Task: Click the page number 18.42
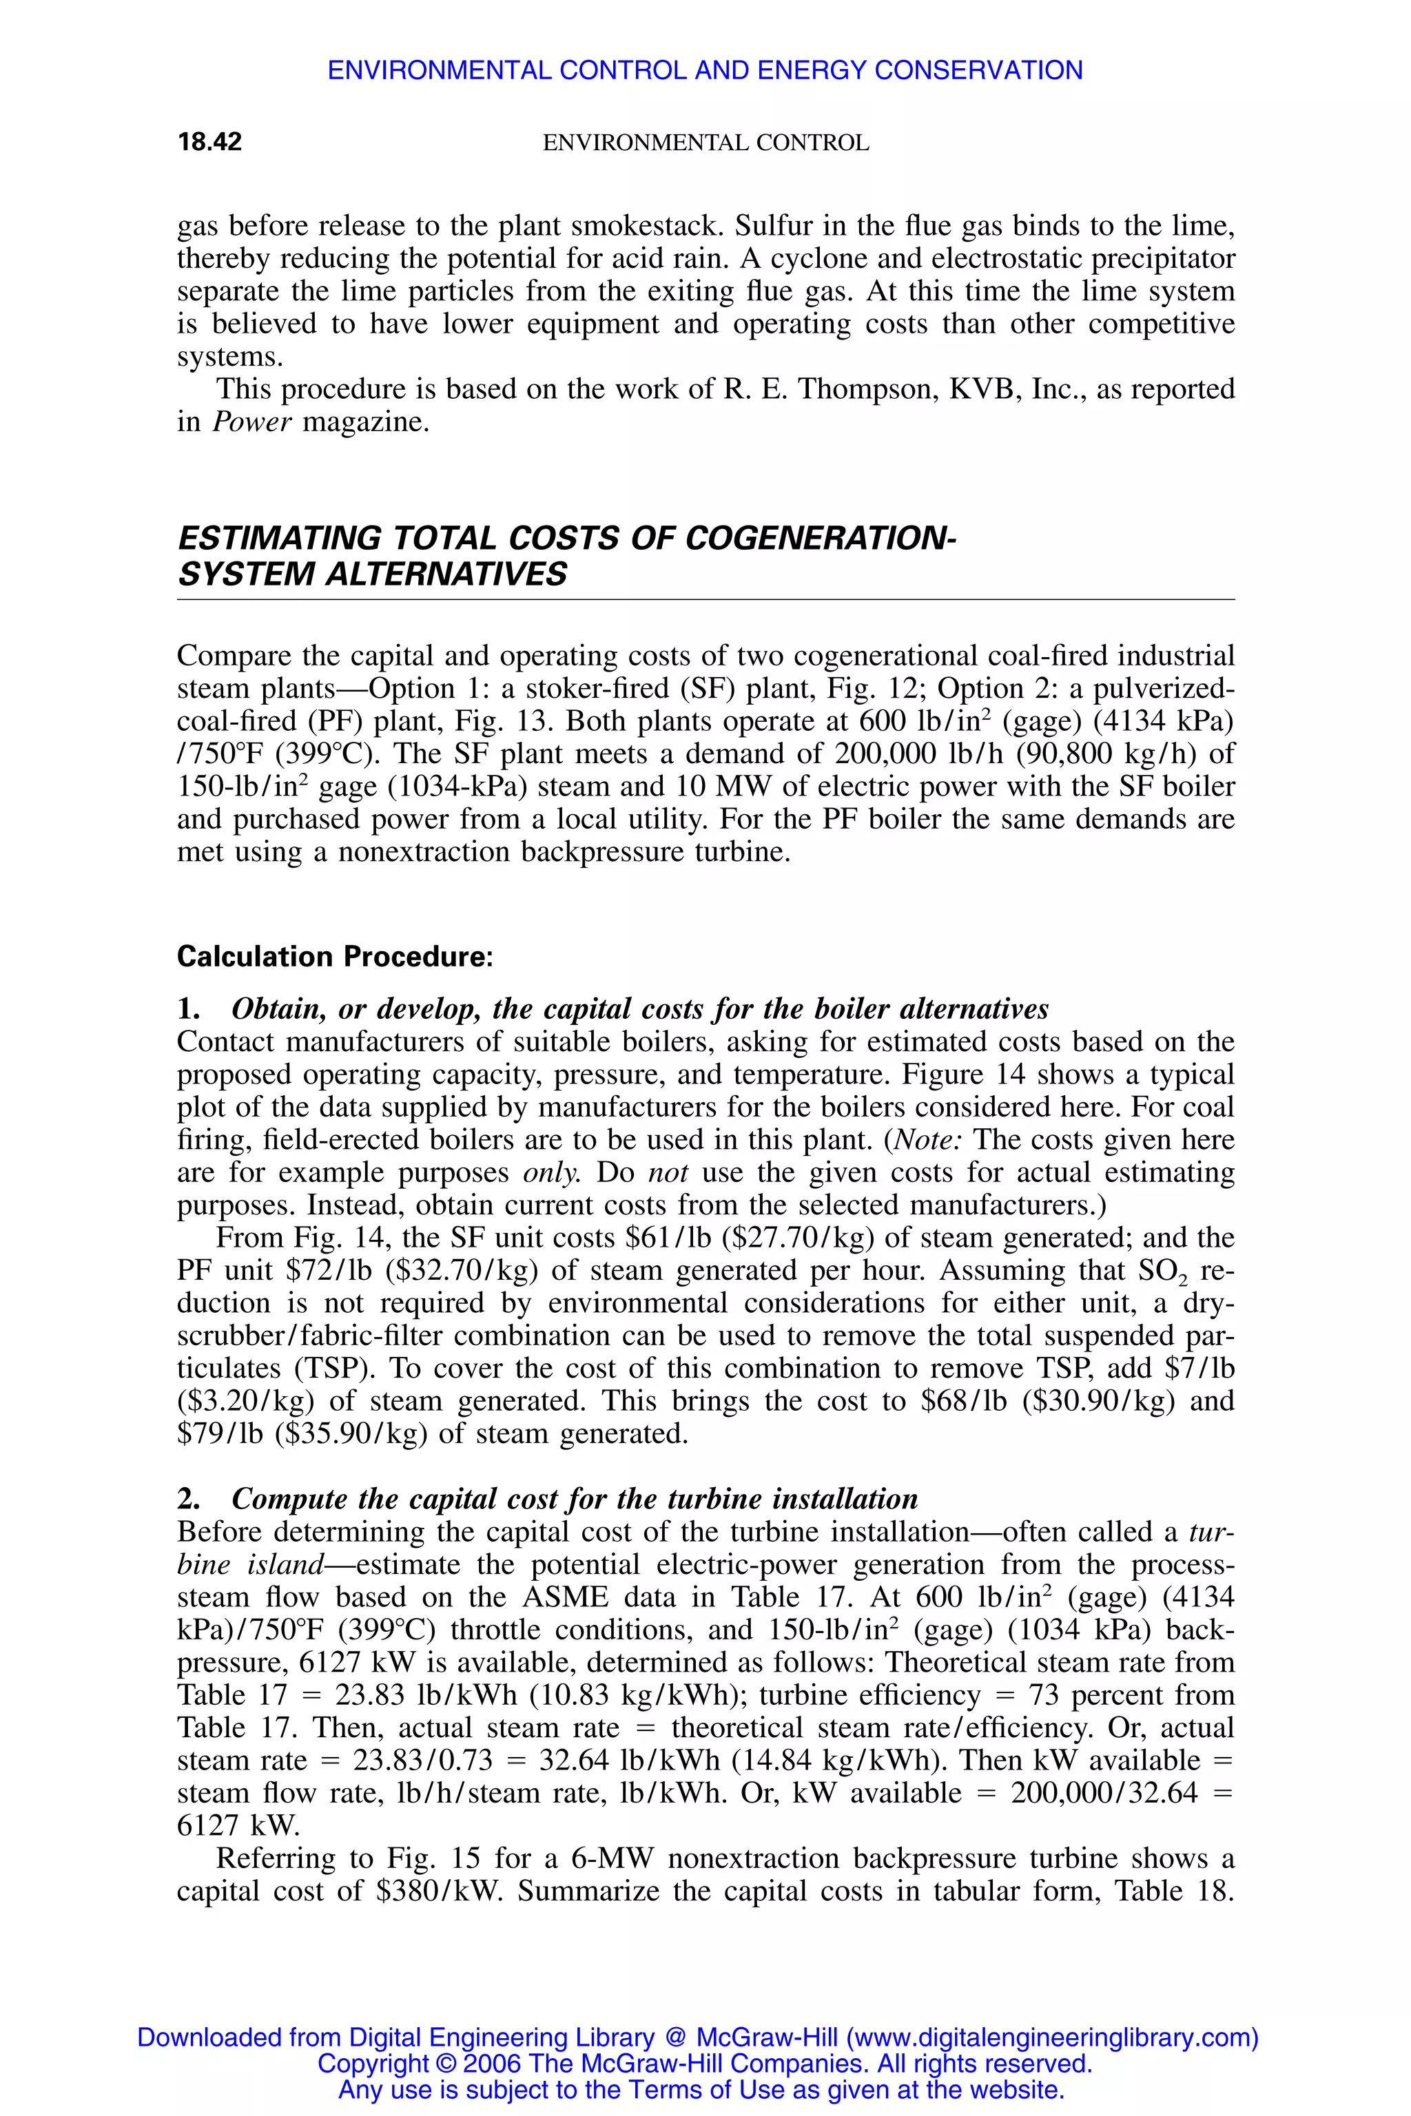tap(209, 142)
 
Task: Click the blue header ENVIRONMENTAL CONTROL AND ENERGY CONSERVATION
tap(705, 70)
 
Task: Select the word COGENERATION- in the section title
tap(820, 539)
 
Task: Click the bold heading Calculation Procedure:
tap(335, 956)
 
